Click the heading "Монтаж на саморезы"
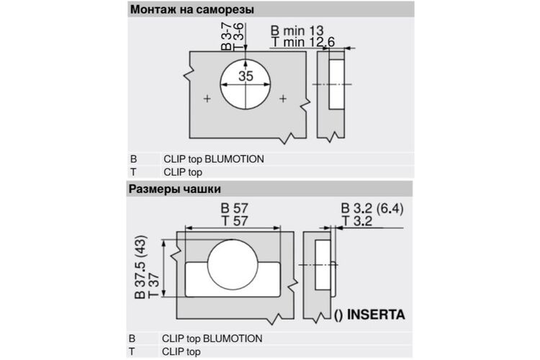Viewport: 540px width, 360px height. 192,9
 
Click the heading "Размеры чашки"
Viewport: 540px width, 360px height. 175,189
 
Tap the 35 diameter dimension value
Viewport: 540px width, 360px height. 246,76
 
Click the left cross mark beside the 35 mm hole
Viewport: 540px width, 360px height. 207,99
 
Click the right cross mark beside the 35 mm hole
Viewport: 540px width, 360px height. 283,99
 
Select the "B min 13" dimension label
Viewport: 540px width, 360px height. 297,30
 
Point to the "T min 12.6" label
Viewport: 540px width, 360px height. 303,42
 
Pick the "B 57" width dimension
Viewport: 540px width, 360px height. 235,208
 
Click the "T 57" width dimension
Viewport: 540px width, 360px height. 235,221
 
